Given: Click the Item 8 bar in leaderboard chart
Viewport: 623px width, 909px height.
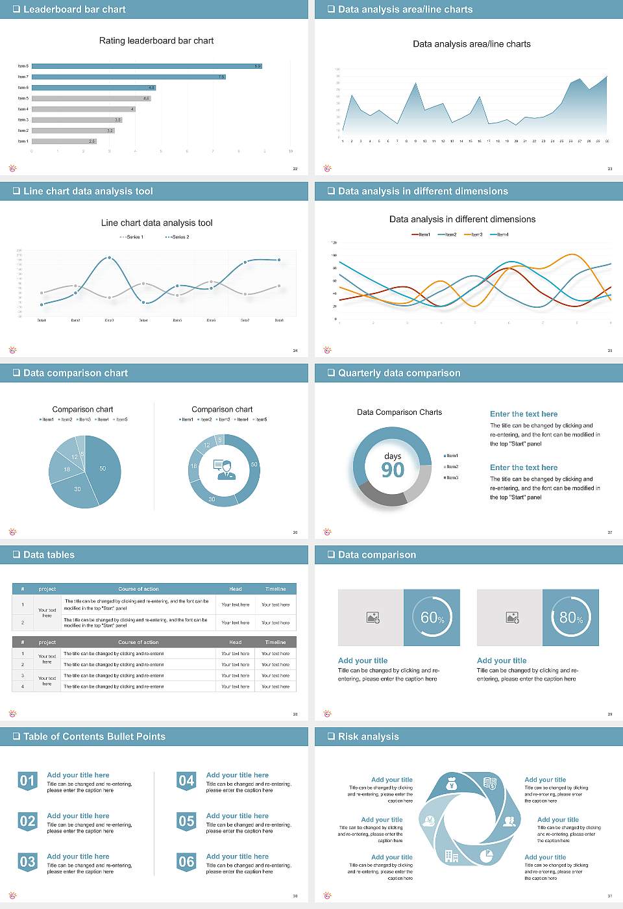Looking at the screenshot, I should (146, 66).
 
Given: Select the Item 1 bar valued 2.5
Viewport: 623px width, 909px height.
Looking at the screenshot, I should (64, 141).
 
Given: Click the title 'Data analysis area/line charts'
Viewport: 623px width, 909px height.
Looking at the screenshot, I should (472, 44).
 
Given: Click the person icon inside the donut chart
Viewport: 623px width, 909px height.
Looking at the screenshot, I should (224, 469).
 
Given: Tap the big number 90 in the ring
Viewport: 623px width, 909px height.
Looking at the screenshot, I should (393, 470).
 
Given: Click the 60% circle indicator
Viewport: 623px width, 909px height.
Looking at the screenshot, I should (432, 617).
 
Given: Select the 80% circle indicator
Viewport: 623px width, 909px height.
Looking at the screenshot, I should (570, 617).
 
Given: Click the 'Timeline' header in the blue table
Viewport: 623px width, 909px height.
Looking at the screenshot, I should (275, 589).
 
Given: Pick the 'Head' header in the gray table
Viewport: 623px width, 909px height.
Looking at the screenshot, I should (235, 642).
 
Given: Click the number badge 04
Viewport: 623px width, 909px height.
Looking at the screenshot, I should (186, 781).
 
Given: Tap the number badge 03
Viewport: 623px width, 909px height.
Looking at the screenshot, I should (27, 862).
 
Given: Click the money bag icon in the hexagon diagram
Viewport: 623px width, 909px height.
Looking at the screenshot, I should (452, 785).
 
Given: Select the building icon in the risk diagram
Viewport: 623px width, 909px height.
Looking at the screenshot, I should (452, 856).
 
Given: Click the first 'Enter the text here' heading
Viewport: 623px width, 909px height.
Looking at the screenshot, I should (524, 414).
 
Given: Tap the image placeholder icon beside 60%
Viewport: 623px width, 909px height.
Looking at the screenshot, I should (373, 617).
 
